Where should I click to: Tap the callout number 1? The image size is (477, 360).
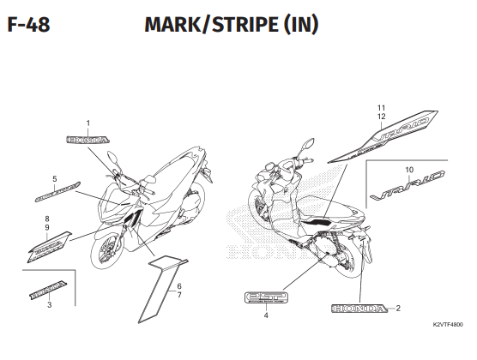point(88,123)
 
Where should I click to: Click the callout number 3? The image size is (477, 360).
point(49,304)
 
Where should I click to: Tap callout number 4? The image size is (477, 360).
point(266,315)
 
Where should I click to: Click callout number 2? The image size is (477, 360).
point(398,307)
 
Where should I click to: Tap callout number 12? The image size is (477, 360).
point(382,117)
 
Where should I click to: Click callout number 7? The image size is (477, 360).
point(179,295)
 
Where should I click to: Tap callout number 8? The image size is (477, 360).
point(48,219)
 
